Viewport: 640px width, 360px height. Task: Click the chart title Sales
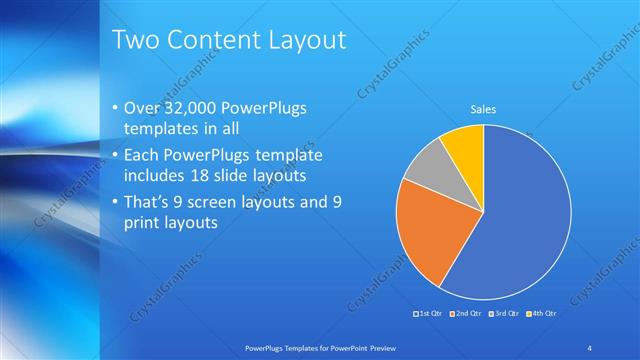point(483,109)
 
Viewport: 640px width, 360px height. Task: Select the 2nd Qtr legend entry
point(466,314)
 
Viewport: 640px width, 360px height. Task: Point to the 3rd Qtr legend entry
point(502,314)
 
